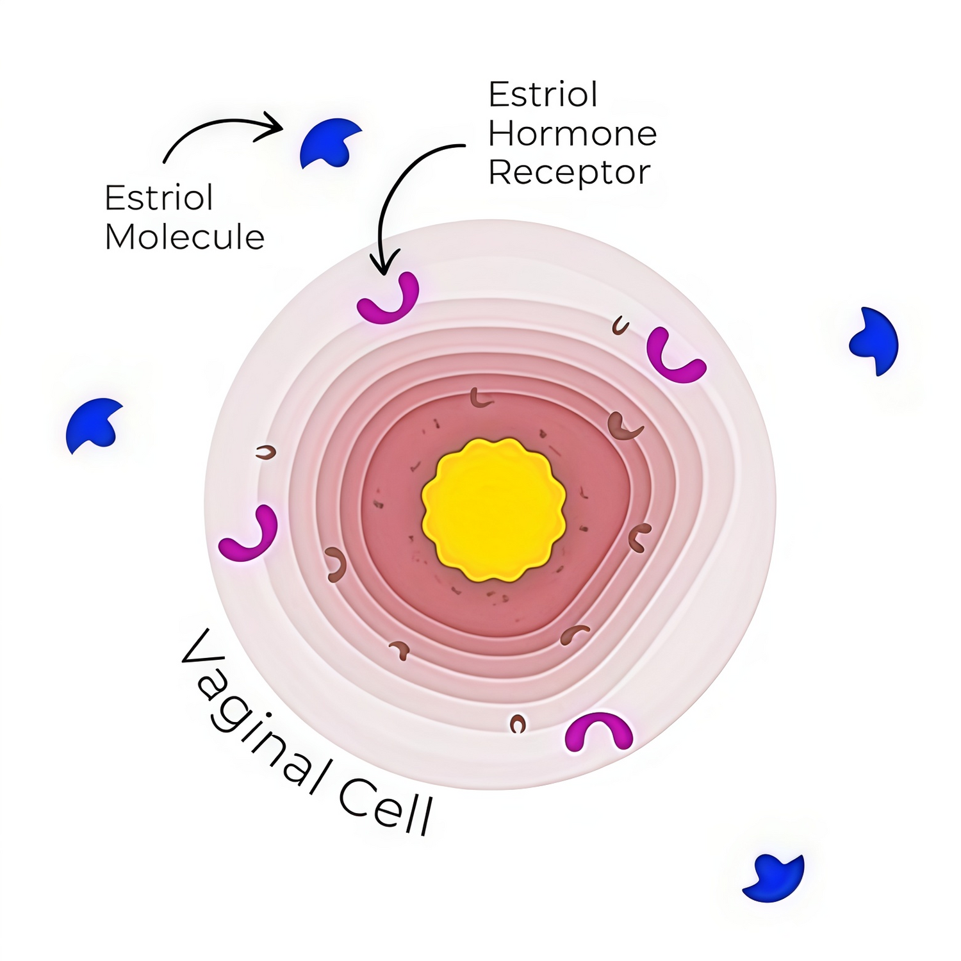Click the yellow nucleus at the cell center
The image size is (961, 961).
493,510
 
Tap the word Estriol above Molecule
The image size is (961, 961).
159,197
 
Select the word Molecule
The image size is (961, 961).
185,237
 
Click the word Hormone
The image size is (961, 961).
573,133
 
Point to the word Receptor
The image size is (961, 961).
570,173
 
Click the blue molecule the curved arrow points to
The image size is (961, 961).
330,142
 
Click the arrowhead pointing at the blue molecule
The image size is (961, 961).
274,124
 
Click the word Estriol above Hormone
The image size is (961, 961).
543,95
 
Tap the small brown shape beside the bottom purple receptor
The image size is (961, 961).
518,724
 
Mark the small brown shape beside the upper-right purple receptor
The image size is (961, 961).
620,326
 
